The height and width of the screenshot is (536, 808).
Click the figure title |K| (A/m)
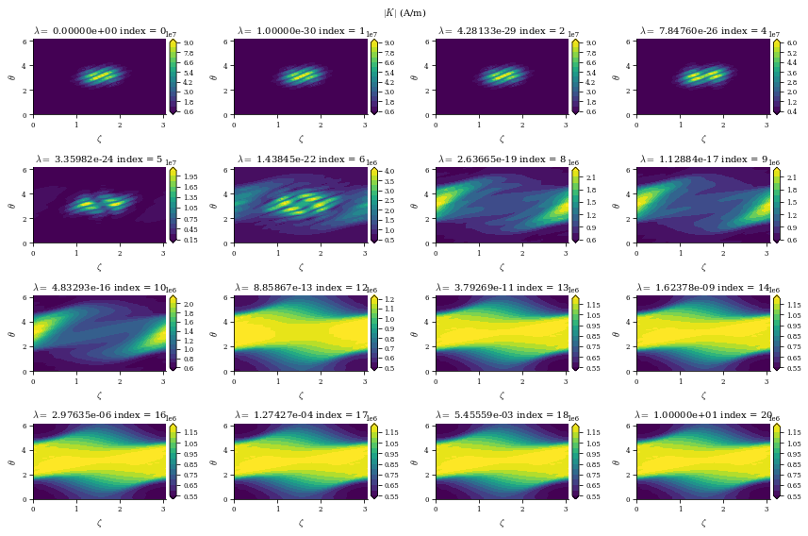coord(404,12)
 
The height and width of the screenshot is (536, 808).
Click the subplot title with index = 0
coord(99,31)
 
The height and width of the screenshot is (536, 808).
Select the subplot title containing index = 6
coord(301,159)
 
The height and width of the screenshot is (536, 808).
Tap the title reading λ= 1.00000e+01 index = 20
coord(703,415)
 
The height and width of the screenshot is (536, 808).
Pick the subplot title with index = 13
coord(502,288)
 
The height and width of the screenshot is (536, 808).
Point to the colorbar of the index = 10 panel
coord(173,333)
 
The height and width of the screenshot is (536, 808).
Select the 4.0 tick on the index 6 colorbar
coord(388,171)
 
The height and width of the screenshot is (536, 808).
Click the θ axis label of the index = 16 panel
coord(12,461)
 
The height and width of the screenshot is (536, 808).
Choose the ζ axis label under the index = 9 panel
coord(703,267)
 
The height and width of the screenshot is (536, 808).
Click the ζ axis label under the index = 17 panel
coord(301,523)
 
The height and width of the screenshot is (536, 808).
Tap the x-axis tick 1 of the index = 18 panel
coord(479,507)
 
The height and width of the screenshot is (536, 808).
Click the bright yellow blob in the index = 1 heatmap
coord(302,75)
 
